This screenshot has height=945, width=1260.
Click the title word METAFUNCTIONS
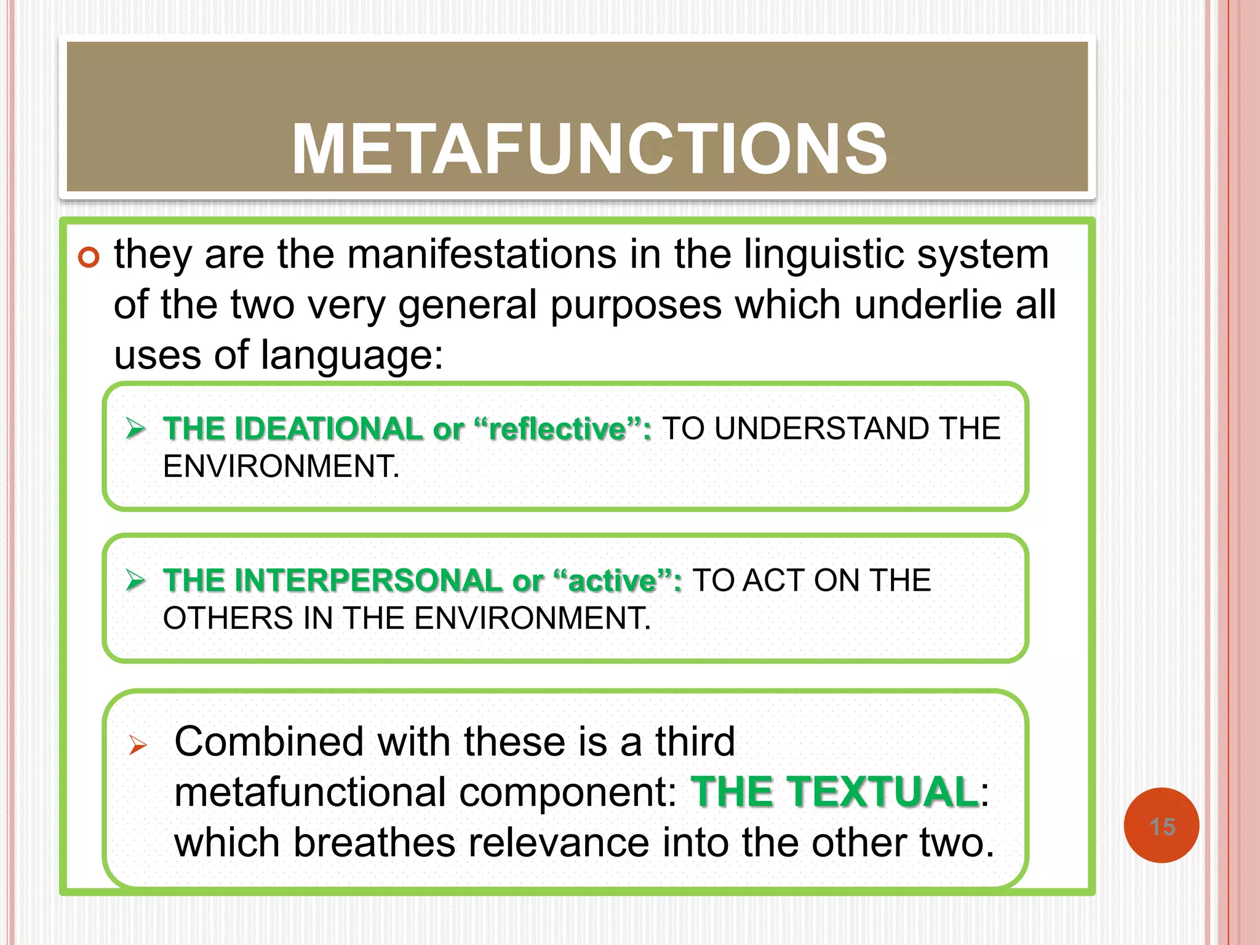pyautogui.click(x=589, y=149)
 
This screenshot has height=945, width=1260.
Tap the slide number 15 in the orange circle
pyautogui.click(x=1162, y=827)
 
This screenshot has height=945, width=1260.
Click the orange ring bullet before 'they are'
pyautogui.click(x=89, y=257)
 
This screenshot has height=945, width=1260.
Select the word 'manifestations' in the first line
pyautogui.click(x=482, y=254)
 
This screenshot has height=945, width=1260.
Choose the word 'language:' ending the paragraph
pyautogui.click(x=351, y=356)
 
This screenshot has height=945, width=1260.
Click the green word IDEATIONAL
pyautogui.click(x=329, y=429)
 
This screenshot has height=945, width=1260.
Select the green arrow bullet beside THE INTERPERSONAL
pyautogui.click(x=135, y=580)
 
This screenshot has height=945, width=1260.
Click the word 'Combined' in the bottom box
pyautogui.click(x=269, y=741)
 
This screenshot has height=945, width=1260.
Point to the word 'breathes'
pyautogui.click(x=374, y=842)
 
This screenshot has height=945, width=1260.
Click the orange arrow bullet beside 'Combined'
pyautogui.click(x=138, y=745)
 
